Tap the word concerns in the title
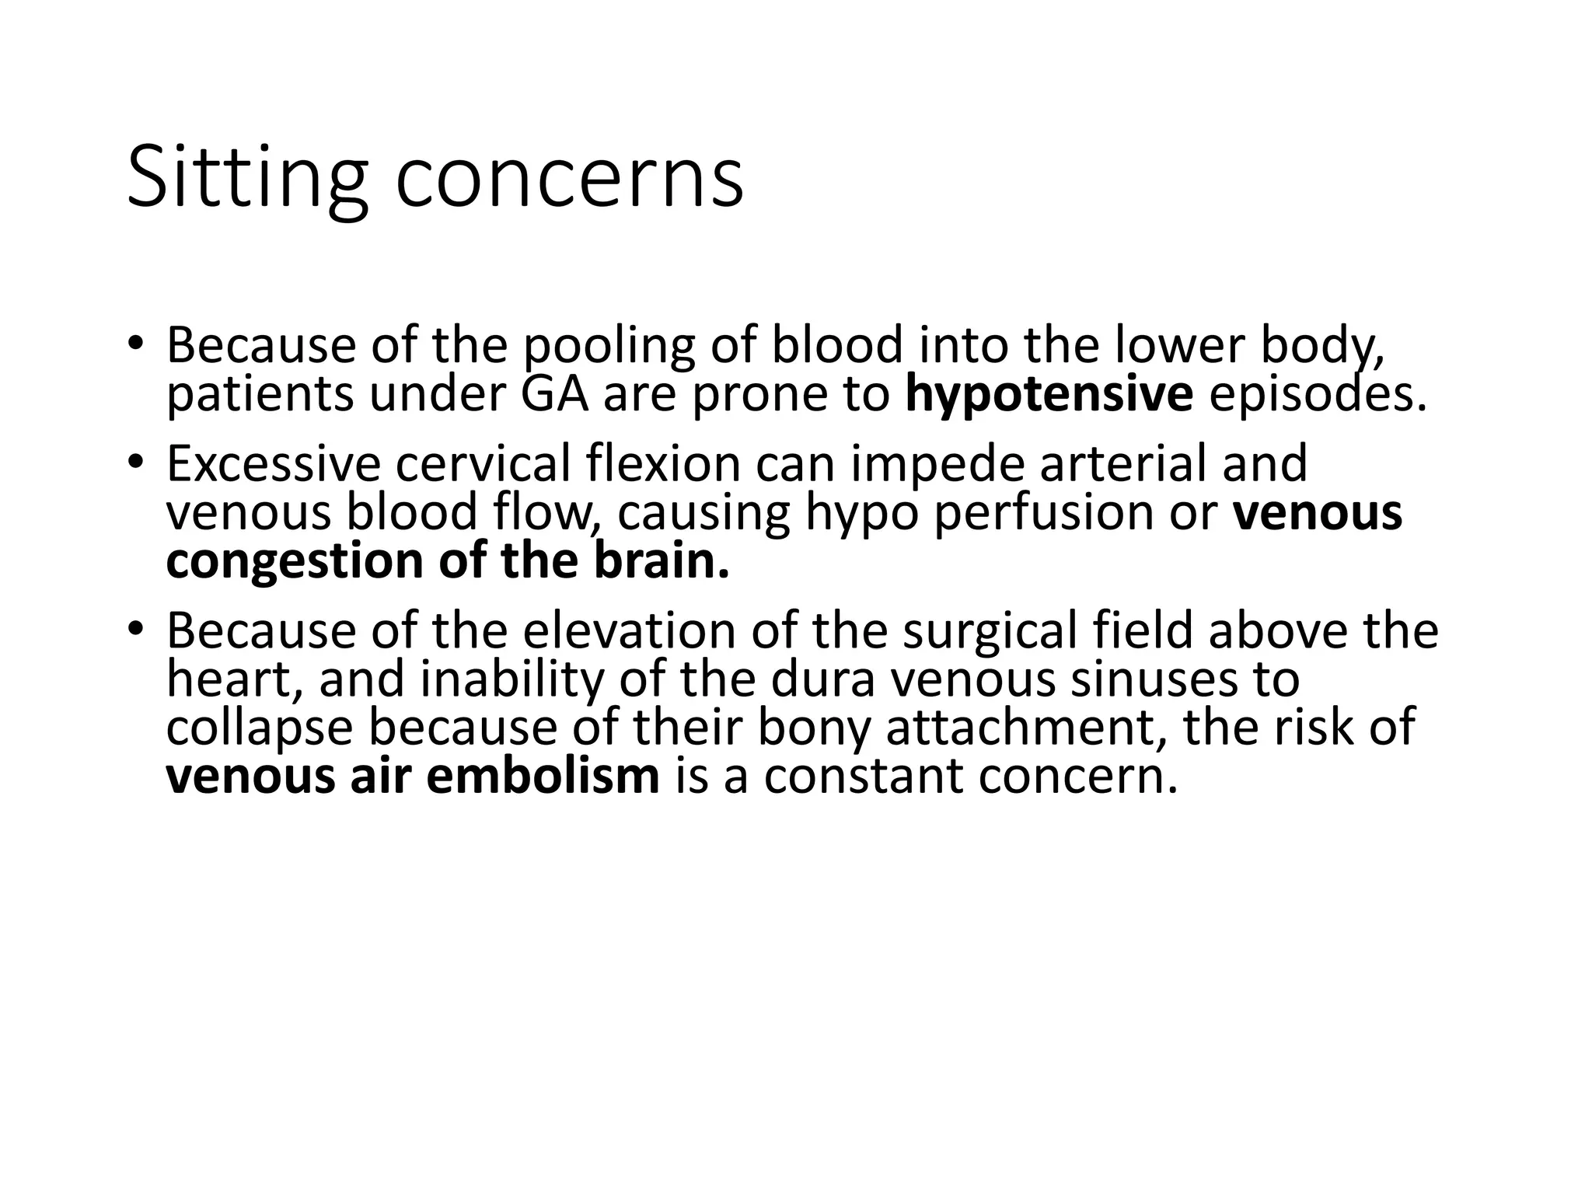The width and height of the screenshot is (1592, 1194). (569, 180)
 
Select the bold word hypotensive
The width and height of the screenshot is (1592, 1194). (1049, 395)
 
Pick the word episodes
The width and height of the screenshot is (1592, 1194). (1318, 394)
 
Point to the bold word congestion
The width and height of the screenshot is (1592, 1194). (295, 562)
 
